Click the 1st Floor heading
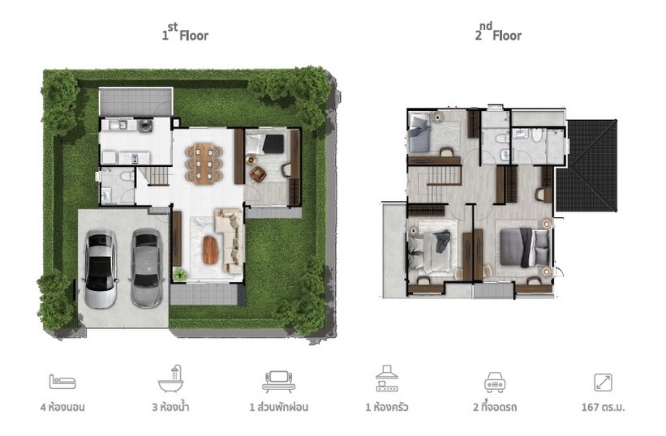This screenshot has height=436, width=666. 185,32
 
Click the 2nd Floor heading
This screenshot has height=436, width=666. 498,32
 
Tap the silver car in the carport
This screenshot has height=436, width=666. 101,268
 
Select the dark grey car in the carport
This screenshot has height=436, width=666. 147,267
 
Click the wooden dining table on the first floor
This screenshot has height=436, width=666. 204,164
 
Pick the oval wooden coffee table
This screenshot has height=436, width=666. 211,250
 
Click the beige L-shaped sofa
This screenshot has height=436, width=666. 230,241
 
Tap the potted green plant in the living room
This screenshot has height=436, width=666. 180,275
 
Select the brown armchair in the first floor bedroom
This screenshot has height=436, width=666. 258,173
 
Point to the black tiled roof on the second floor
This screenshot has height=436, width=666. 587,165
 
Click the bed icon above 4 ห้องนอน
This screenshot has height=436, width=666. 62,382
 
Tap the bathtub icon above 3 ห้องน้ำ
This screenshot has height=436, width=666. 170,378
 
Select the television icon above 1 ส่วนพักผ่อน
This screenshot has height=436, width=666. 278,381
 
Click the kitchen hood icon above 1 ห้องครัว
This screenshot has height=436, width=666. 387,378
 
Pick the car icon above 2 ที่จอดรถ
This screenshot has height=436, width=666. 495,382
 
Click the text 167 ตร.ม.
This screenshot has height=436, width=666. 604,407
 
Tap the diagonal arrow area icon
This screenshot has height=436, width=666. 604,383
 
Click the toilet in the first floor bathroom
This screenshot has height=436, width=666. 127,176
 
